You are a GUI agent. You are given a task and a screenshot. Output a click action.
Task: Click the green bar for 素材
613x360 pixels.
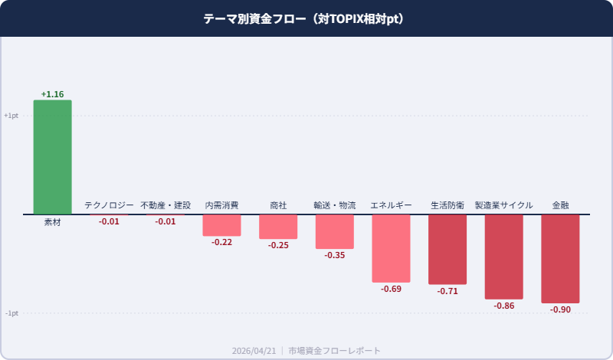point(52,157)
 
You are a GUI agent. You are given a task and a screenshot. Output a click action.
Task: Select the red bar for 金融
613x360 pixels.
point(560,258)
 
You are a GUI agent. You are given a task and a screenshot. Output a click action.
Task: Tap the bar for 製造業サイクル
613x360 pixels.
point(503,256)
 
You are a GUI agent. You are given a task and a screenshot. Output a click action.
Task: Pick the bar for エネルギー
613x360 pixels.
point(391,248)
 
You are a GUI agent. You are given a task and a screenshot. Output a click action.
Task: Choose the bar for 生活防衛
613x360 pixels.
point(447,249)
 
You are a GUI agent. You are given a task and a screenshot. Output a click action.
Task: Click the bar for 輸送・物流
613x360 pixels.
point(335,231)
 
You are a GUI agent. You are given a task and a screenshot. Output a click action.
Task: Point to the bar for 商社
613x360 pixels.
point(278,227)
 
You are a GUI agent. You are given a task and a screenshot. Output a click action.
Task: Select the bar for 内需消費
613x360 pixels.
point(221,225)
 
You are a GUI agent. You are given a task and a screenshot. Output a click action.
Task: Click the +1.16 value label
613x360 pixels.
point(52,94)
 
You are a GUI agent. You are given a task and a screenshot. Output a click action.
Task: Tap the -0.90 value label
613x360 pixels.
point(560,309)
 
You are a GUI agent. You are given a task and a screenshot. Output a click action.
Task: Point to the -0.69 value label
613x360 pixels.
point(391,289)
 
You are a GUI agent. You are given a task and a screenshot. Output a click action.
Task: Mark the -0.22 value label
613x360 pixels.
point(221,242)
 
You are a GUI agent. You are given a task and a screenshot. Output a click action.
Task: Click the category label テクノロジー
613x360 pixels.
point(109,205)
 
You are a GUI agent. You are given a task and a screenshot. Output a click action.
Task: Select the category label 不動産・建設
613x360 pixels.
point(166,205)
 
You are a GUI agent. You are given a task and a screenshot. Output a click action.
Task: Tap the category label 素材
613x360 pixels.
point(52,222)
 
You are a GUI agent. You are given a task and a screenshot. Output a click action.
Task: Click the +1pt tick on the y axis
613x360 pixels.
point(11,116)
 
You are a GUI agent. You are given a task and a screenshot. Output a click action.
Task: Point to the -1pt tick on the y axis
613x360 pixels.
point(11,313)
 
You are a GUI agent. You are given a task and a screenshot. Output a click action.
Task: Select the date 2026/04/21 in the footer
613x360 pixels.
point(254,350)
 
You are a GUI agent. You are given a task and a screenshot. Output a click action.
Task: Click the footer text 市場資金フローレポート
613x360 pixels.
point(334,350)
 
